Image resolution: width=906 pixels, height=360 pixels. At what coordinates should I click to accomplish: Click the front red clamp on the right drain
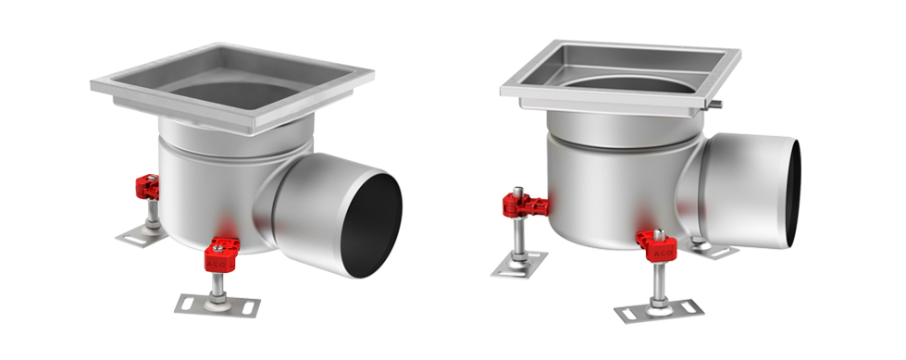click(x=658, y=247)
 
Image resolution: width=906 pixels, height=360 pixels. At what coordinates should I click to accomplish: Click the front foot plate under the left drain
click(x=217, y=304)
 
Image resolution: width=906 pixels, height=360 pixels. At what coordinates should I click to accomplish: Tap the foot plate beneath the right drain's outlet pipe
click(x=714, y=248)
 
